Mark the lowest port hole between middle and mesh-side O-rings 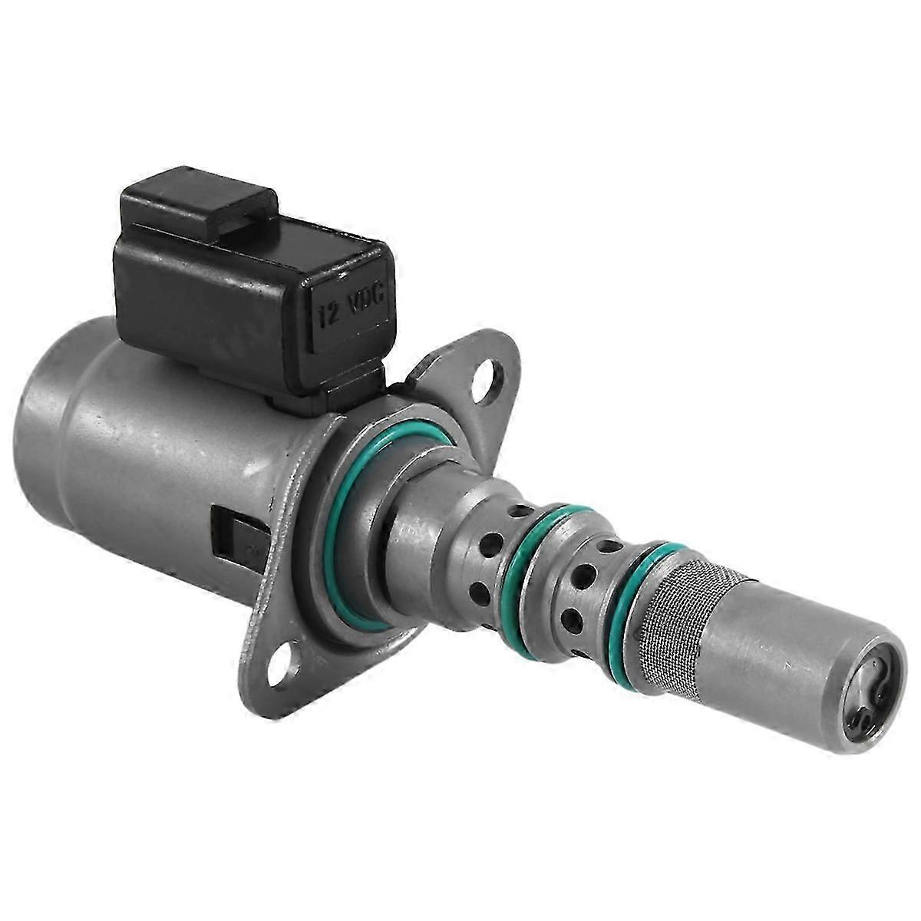[x=571, y=620]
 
